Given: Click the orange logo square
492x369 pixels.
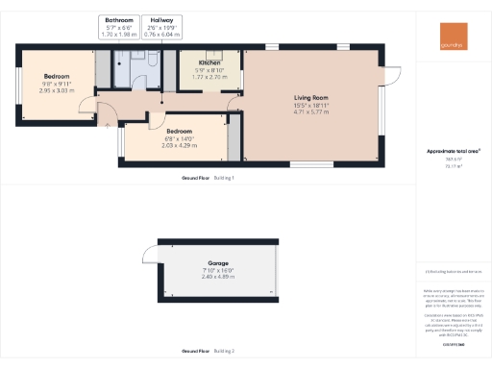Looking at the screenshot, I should (452, 36).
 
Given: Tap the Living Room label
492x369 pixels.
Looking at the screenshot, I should (311, 97).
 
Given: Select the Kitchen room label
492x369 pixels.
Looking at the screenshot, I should (209, 62).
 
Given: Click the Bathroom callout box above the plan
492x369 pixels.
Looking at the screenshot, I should (120, 26).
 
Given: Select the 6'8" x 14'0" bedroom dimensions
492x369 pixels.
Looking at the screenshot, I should (181, 138).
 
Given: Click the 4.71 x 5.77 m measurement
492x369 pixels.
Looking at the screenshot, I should (311, 112).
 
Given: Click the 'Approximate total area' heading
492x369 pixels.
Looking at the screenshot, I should (453, 151).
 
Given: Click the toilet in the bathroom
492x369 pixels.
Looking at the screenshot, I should (153, 60).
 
